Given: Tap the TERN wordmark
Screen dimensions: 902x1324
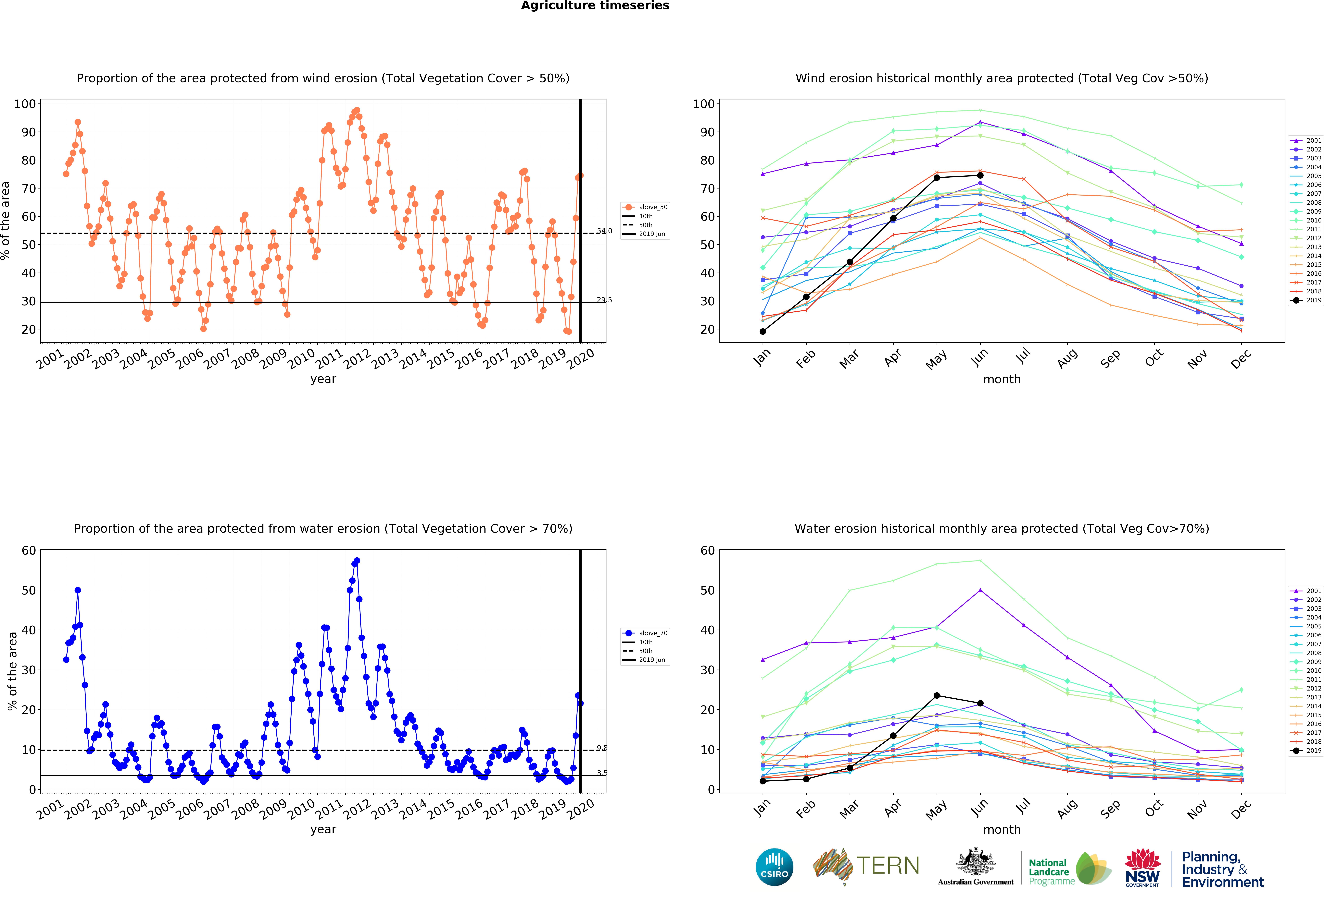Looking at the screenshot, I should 888,866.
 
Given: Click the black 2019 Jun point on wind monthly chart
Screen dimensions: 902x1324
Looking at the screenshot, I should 980,175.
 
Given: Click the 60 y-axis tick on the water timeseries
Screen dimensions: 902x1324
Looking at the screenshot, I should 29,551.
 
